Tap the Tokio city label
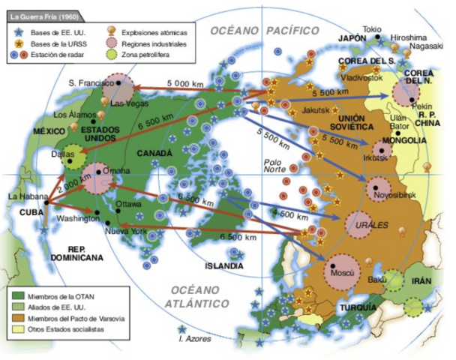point(372,29)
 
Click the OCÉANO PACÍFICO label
point(264,31)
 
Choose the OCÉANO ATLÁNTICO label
point(199,297)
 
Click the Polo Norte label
point(276,164)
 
